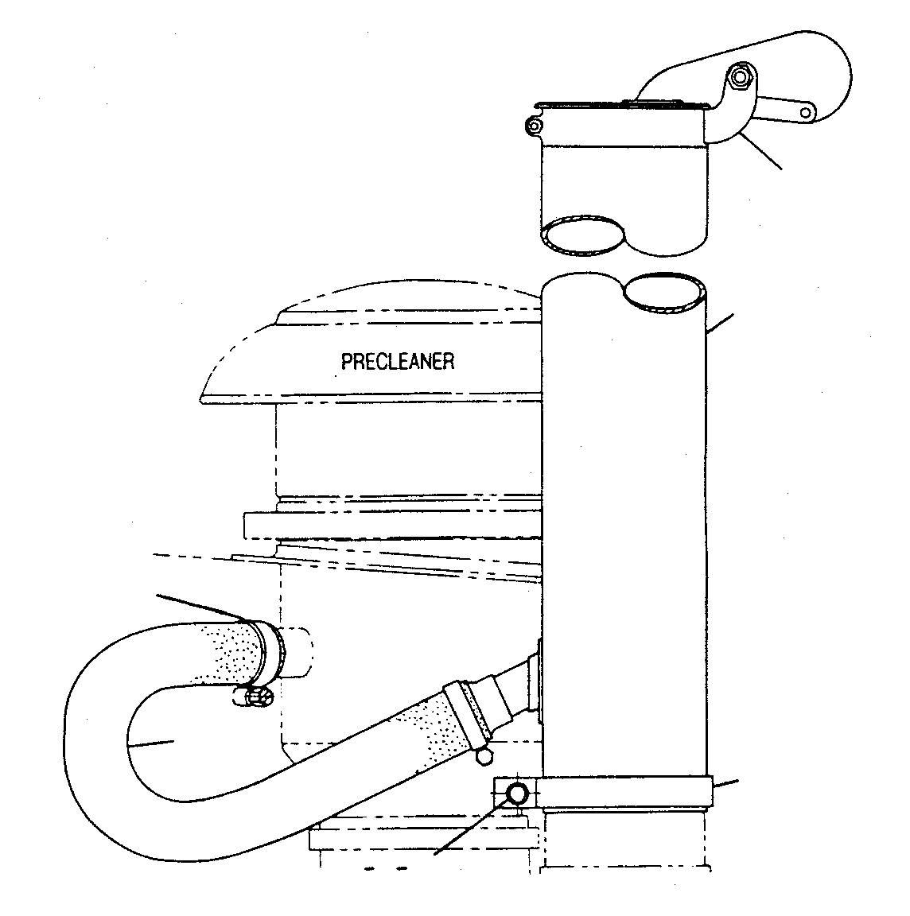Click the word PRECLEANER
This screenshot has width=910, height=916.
398,362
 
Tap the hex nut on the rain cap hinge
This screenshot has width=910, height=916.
741,77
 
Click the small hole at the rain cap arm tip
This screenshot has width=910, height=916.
807,112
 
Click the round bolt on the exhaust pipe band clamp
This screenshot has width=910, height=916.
517,794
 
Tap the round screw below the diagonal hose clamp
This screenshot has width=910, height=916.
484,756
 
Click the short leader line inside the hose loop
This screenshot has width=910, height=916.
150,743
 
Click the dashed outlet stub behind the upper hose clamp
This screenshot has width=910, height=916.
297,651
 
